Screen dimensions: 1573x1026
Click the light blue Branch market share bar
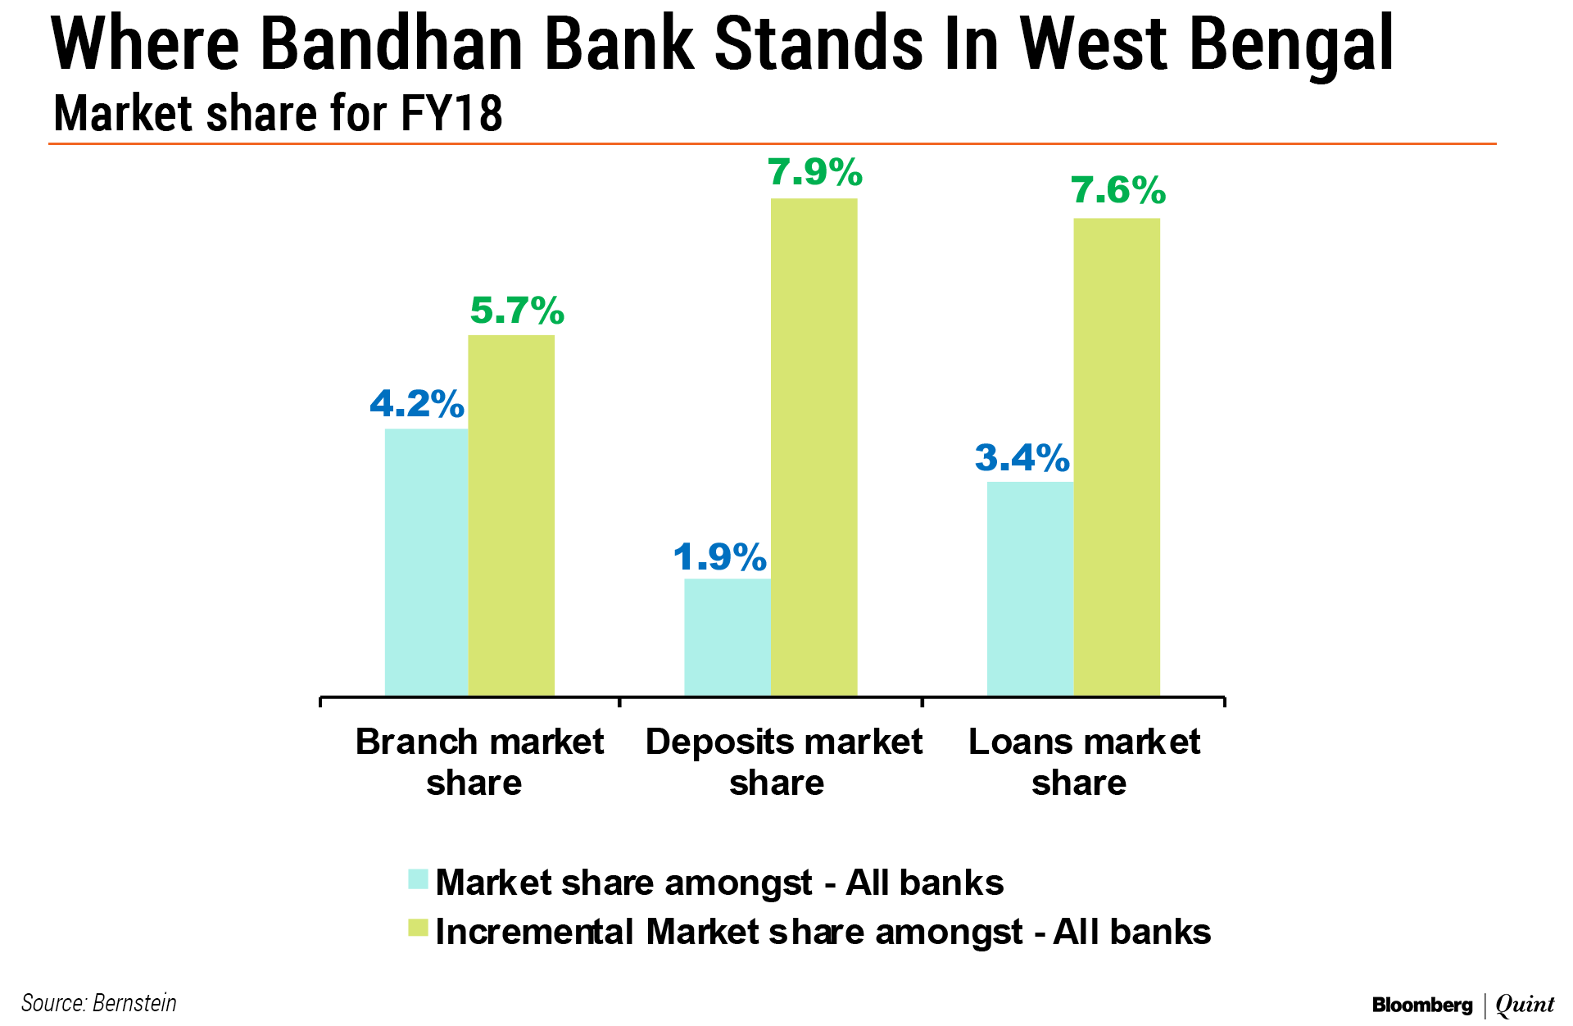426,562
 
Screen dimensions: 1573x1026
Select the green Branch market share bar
511,515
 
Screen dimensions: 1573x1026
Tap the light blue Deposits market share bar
728,638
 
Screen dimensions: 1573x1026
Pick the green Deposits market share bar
814,447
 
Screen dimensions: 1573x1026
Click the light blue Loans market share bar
1031,589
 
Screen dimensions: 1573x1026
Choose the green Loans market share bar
1117,457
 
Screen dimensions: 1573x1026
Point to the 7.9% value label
815,172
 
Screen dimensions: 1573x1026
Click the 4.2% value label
417,403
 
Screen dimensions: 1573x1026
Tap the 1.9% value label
720,557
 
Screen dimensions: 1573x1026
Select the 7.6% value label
1118,190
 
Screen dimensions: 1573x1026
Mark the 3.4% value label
1022,457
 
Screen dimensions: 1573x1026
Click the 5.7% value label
517,311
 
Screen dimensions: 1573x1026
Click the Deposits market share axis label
783,762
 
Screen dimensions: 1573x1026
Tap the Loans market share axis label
1084,762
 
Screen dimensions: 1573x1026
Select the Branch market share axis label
479,762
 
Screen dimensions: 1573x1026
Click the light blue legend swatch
418,879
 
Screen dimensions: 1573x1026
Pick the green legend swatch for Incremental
418,928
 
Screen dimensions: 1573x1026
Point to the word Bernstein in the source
134,1003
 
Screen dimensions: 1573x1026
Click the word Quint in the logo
1525,1005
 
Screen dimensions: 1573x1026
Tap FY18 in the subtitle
451,113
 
